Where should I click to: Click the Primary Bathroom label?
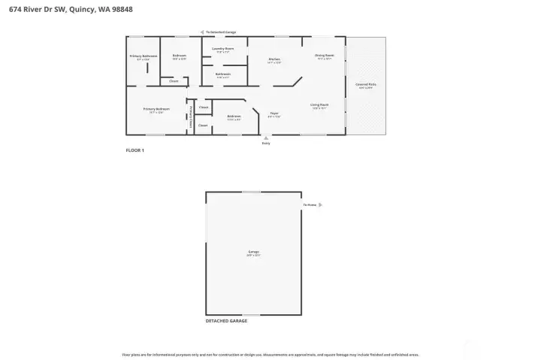click(144, 56)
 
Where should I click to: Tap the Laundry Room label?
click(223, 49)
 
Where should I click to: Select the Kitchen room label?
click(274, 59)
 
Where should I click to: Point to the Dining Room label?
click(325, 56)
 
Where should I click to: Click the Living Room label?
click(319, 104)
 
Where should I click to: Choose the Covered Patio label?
click(366, 85)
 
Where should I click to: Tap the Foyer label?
click(275, 113)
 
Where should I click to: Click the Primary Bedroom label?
click(156, 109)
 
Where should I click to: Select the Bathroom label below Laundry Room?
click(222, 74)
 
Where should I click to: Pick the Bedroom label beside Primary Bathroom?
click(179, 56)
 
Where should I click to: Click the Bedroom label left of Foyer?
click(234, 116)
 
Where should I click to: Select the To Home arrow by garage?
click(321, 204)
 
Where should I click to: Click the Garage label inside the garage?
click(253, 251)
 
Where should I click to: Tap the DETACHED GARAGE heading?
click(226, 321)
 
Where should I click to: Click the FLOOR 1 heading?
click(134, 150)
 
